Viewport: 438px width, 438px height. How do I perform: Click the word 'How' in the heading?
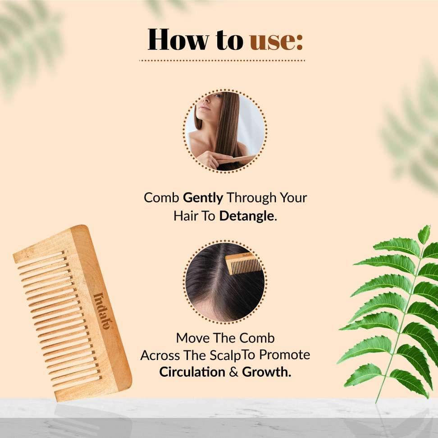tap(178, 39)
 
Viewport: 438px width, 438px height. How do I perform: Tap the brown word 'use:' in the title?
tap(276, 42)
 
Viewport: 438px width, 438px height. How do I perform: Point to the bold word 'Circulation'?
tap(192, 372)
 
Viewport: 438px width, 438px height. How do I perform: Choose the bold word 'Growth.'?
tap(266, 372)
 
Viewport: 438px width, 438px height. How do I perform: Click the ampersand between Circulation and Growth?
tap(233, 372)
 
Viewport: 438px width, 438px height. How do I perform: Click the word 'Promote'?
tap(285, 355)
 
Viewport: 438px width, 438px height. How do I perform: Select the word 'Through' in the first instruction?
tap(251, 198)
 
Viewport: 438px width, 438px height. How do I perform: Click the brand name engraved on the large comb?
tap(103, 310)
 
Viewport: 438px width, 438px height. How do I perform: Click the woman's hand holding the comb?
tap(210, 160)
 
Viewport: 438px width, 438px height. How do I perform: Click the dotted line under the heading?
tap(222, 60)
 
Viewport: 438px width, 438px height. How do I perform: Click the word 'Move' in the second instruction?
tap(192, 338)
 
